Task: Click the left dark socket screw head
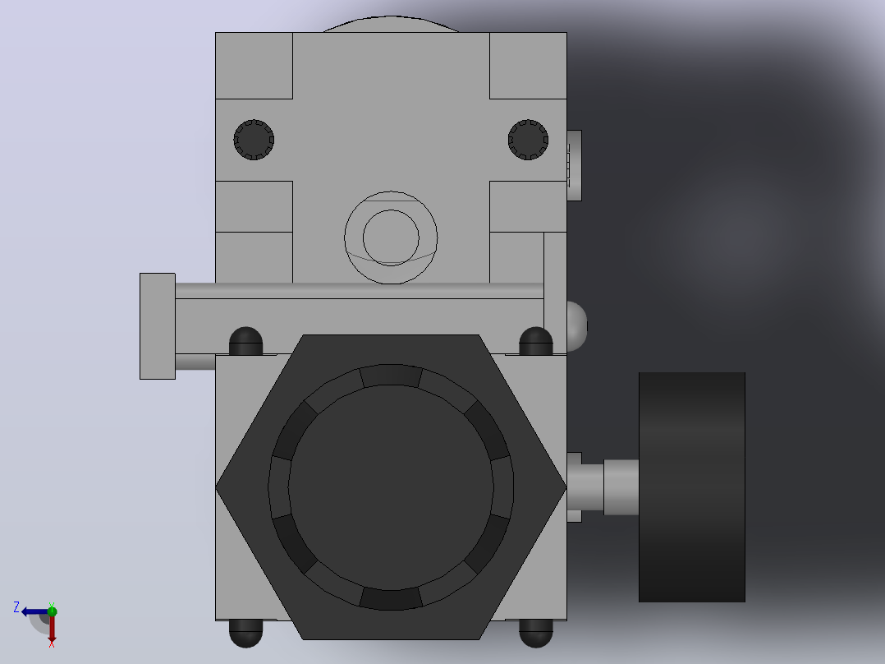[254, 140]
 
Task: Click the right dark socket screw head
[529, 140]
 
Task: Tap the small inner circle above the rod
[391, 237]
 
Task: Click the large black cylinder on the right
[692, 487]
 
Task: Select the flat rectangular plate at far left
[158, 326]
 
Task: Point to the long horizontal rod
[359, 290]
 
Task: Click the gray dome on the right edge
[577, 326]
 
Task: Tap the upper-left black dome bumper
[246, 341]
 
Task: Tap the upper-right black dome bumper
[535, 341]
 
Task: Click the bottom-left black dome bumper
[246, 633]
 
